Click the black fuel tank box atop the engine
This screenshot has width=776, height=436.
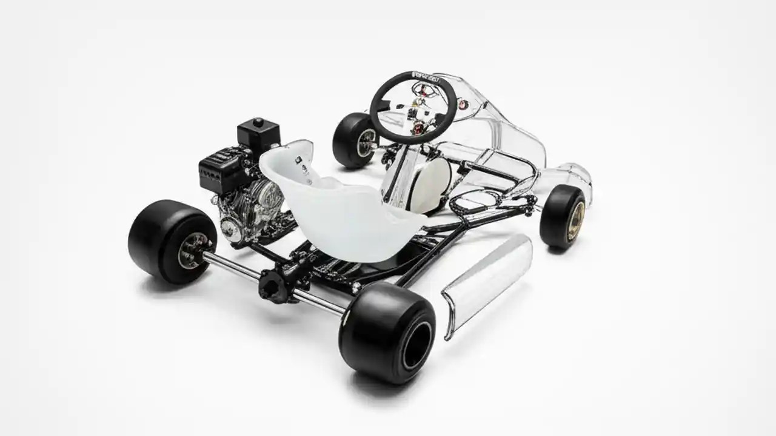click(x=258, y=134)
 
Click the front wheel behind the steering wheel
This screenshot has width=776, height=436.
click(x=353, y=140)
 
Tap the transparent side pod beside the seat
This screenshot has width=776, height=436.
click(x=488, y=282)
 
